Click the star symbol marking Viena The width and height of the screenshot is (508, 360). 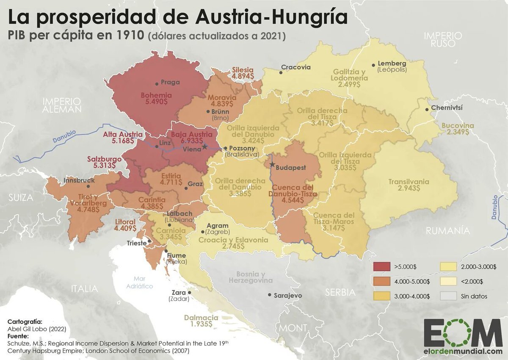205,147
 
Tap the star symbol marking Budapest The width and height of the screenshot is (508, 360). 272,164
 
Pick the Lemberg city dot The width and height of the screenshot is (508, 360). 373,65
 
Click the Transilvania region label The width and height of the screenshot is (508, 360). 409,182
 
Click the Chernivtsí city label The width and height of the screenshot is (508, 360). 447,108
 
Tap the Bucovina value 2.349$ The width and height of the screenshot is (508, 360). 455,132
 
